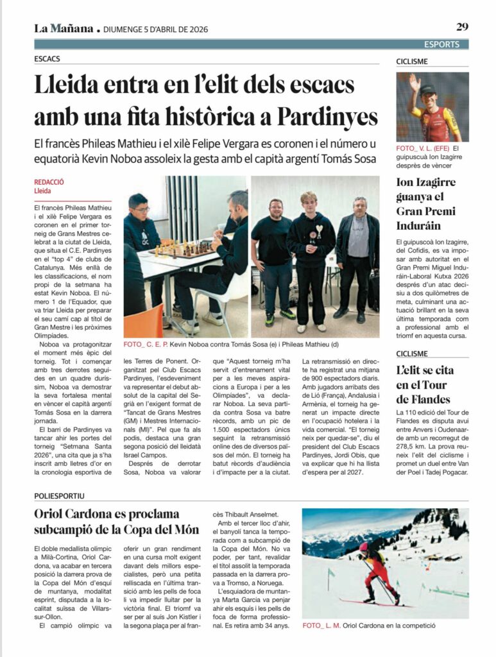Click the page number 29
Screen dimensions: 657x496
click(462, 27)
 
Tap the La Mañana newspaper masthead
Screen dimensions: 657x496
click(63, 28)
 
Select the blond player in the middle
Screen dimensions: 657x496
click(311, 257)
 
